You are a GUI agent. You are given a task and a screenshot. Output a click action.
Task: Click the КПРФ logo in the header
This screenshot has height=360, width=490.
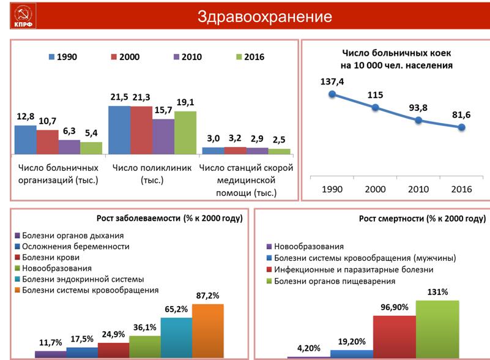tap(23, 17)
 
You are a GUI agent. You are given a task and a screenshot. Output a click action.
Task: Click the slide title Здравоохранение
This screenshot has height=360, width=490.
tap(264, 17)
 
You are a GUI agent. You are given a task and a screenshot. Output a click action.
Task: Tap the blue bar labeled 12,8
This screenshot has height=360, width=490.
tap(25, 139)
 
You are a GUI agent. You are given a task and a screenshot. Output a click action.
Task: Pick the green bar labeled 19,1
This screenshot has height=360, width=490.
tap(185, 132)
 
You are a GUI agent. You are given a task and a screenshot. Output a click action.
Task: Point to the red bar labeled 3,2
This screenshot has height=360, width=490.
tap(235, 150)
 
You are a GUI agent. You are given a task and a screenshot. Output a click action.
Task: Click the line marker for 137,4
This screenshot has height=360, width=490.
tap(332, 94)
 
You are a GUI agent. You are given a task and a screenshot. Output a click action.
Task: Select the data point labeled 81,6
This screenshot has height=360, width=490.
tap(462, 127)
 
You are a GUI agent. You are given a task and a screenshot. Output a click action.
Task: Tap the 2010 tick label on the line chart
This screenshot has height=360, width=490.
tap(418, 189)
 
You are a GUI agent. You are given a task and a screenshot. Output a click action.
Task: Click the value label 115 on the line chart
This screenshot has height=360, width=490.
tap(376, 95)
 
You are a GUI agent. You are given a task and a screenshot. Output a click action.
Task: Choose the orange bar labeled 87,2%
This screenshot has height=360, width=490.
tap(208, 331)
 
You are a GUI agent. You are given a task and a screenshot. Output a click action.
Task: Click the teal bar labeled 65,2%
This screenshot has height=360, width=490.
tap(176, 337)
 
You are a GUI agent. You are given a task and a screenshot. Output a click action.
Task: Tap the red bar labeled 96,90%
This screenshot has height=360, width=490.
tap(395, 336)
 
